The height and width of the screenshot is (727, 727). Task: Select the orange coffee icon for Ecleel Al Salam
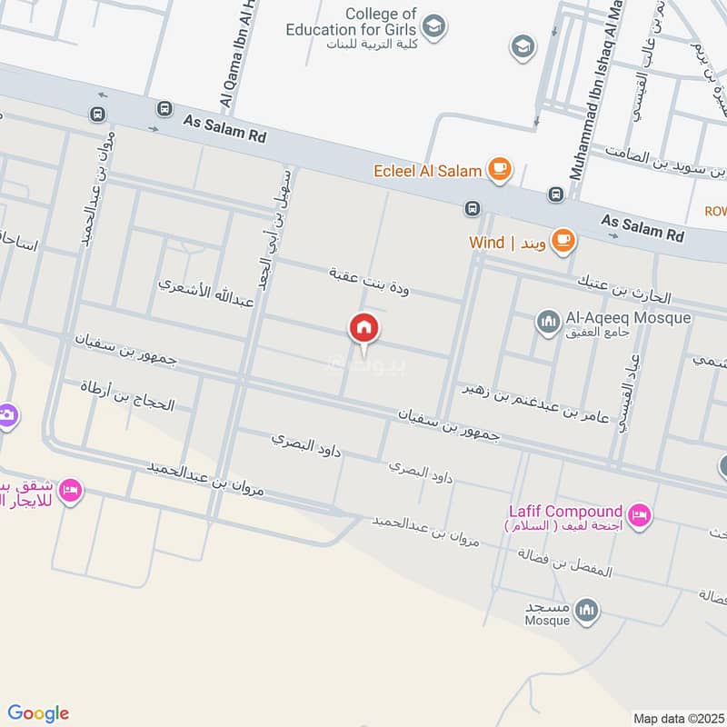(499, 168)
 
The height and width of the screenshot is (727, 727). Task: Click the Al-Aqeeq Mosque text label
(628, 318)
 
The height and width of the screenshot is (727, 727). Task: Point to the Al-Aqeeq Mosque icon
(548, 321)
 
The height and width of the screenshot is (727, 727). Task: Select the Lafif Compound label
(565, 513)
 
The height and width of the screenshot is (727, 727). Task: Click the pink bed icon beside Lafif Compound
(641, 515)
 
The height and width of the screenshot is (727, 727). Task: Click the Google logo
(38, 713)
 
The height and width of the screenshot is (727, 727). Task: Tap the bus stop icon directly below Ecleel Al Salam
(472, 208)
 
